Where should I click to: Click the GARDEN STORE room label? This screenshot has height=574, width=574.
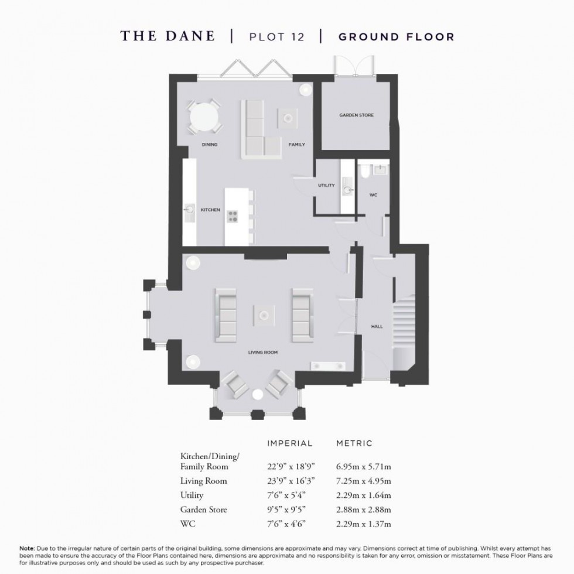click(356, 115)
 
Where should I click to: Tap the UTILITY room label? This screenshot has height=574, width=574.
click(326, 186)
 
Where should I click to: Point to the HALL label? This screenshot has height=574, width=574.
click(377, 326)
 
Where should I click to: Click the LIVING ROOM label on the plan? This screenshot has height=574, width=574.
click(263, 353)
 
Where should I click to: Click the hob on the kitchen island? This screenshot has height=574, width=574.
click(233, 216)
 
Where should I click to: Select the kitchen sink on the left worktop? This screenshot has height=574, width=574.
click(190, 209)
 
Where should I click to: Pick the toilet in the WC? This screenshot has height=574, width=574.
click(364, 170)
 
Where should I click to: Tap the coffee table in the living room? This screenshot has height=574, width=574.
click(264, 315)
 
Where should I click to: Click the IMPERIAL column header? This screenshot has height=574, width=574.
click(290, 443)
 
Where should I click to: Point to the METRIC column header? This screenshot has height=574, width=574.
click(354, 443)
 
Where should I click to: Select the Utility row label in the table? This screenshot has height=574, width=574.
click(192, 496)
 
